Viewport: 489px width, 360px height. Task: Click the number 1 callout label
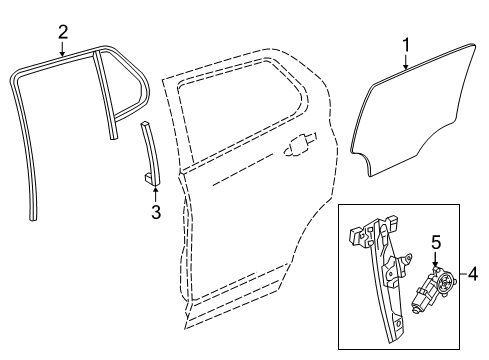(406, 44)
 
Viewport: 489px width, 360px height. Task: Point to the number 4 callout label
(473, 272)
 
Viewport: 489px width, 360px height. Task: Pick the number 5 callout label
(436, 242)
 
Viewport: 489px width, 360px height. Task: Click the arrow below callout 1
(406, 63)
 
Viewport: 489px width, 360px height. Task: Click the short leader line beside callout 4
(459, 272)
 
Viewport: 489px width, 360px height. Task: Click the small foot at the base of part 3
(149, 177)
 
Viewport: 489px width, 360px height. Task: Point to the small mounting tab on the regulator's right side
(408, 262)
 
